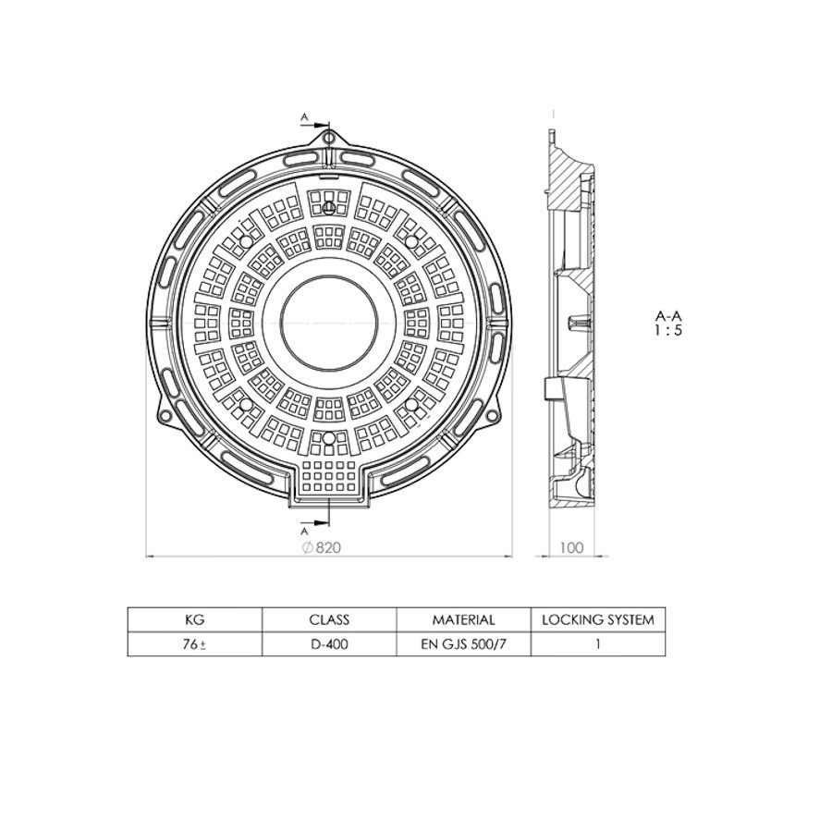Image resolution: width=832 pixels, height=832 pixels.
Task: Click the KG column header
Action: click(x=194, y=619)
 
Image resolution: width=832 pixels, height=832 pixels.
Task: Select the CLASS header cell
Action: click(x=329, y=619)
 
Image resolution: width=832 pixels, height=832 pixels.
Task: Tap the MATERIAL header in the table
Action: click(x=463, y=619)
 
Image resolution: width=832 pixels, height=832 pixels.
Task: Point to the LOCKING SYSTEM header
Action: click(x=597, y=619)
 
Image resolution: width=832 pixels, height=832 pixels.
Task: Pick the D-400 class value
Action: click(x=329, y=644)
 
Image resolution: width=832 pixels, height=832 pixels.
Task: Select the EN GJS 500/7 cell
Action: click(x=463, y=644)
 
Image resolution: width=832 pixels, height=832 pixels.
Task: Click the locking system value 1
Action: click(x=597, y=644)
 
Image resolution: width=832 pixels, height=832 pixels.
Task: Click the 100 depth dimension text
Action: click(x=571, y=547)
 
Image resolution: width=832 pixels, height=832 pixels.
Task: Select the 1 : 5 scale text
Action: click(x=668, y=331)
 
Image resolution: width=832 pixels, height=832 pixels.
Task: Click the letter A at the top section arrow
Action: click(x=304, y=117)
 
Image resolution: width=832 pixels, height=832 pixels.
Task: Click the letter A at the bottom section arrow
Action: click(x=304, y=532)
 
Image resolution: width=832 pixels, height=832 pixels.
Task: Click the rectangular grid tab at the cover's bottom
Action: click(x=329, y=477)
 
